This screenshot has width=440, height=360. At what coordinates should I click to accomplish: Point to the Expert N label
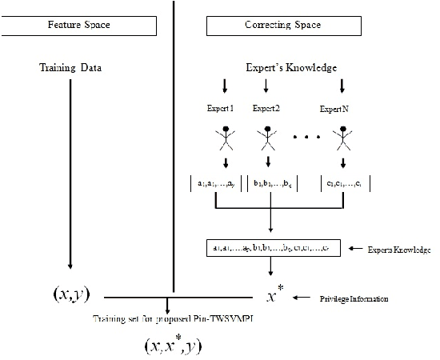click(x=344, y=107)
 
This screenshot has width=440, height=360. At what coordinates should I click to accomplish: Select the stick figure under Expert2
click(x=268, y=138)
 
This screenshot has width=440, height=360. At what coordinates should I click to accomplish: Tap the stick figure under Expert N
click(x=344, y=138)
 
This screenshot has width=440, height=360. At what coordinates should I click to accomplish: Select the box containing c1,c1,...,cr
click(x=345, y=184)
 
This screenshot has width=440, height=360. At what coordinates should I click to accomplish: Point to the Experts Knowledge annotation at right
click(x=398, y=250)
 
